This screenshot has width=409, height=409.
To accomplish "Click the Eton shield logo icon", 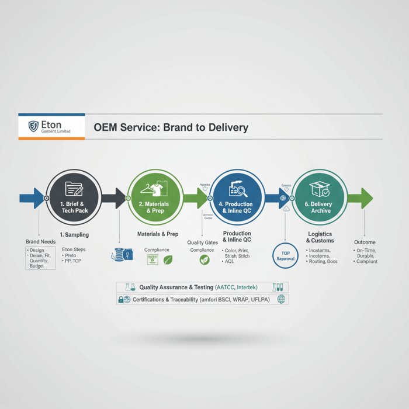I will point(33,126).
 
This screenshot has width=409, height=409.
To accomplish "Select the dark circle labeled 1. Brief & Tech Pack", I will point(74,198).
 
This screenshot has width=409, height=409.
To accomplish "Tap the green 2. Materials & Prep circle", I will point(155,198).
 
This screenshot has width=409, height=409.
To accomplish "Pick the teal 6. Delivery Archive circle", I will point(320,198).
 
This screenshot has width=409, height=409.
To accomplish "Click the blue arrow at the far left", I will point(31,198).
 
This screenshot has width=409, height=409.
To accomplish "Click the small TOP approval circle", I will point(286,256).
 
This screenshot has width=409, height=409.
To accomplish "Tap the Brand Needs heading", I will point(40,242).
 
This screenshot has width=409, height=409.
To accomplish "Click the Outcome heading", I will point(365,242).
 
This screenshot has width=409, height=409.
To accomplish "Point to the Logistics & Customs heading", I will point(320,237).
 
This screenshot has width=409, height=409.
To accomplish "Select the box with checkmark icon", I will point(320,189).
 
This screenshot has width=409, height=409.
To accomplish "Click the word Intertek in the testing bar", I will point(247,287).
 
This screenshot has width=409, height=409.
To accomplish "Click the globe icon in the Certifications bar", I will point(282,299).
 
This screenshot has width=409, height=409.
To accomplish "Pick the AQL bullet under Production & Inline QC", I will point(228,262).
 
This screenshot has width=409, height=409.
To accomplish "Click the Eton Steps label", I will point(74,249).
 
